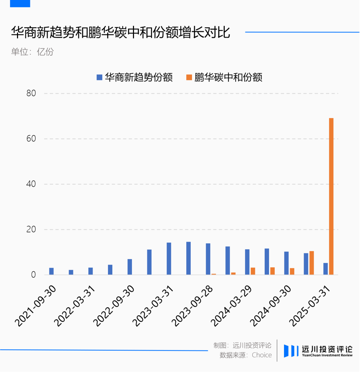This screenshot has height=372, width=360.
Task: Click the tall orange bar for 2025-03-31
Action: (x=331, y=196)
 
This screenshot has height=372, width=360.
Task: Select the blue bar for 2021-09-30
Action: (x=51, y=271)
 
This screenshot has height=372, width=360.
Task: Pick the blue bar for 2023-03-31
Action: (x=169, y=259)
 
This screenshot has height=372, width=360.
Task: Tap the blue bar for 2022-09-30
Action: (x=130, y=267)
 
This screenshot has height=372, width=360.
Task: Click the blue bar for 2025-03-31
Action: (x=326, y=269)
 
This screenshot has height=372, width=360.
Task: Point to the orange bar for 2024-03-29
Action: (x=253, y=271)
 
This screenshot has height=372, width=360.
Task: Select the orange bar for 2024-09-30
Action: (x=292, y=271)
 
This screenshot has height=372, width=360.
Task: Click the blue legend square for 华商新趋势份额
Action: (x=99, y=77)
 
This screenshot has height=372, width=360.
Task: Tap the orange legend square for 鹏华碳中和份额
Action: (x=189, y=77)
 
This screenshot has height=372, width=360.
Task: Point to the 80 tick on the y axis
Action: (x=31, y=93)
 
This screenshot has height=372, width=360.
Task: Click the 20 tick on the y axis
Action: (x=31, y=229)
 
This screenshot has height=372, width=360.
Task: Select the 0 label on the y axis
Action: (x=33, y=275)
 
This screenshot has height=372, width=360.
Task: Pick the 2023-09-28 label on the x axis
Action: (x=192, y=306)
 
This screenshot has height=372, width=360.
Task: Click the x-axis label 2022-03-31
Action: (x=75, y=306)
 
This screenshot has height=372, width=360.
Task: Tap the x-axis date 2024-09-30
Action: (x=271, y=306)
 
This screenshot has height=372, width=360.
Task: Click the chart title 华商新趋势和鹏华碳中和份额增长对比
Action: (x=121, y=32)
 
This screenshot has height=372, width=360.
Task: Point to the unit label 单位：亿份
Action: (x=33, y=52)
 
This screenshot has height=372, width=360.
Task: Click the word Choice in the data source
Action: (x=262, y=355)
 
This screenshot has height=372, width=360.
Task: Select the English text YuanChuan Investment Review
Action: (x=327, y=355)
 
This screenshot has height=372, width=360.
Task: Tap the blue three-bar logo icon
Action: (x=291, y=351)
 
